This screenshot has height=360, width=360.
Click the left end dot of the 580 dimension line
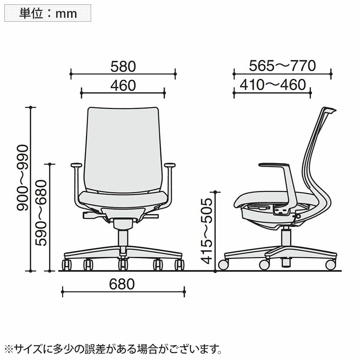(x=71, y=74)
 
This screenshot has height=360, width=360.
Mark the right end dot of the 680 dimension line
(x=184, y=291)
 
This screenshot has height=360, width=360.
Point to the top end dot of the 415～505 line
(x=215, y=192)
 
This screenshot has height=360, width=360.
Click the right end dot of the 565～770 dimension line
(x=331, y=74)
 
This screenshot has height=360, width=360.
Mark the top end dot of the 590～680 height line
(x=49, y=164)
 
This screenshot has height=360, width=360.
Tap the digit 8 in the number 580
(x=123, y=67)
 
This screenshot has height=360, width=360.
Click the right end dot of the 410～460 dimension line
(x=310, y=93)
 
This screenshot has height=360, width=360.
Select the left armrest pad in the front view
(x=76, y=165)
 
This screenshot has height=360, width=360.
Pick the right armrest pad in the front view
(x=170, y=165)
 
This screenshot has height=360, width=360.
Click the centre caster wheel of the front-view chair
(x=123, y=265)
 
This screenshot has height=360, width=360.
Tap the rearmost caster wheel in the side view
(x=331, y=265)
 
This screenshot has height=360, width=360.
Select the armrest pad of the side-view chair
(x=274, y=165)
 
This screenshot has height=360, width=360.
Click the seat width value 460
(x=123, y=85)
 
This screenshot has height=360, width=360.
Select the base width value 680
(x=122, y=284)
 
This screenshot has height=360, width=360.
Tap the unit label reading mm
(x=66, y=14)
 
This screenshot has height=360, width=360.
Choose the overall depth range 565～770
(x=282, y=65)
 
